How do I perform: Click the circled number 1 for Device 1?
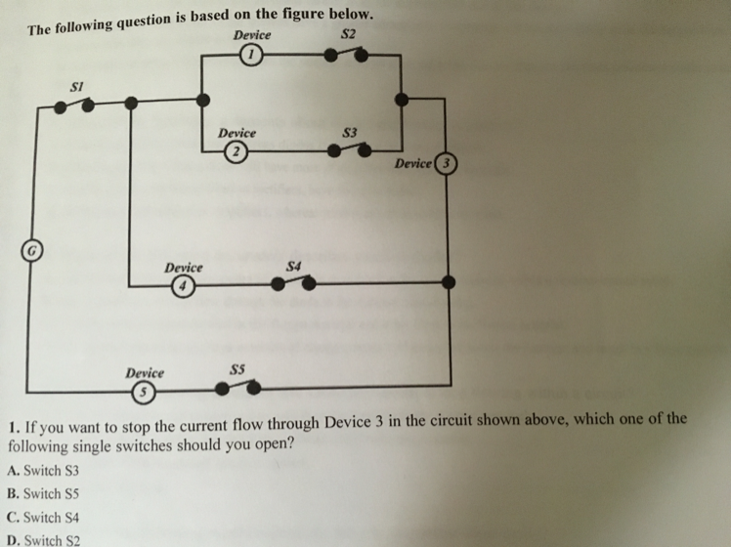tap(251, 55)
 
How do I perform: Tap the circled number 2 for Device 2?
tap(235, 150)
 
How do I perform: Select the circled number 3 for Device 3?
tap(447, 163)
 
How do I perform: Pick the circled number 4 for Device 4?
tap(181, 286)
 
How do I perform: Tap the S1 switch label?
tap(77, 86)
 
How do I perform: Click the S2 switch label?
tap(348, 36)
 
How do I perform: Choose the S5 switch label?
tap(236, 369)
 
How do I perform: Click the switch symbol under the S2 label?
tap(347, 56)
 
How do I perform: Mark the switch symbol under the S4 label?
tap(293, 283)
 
